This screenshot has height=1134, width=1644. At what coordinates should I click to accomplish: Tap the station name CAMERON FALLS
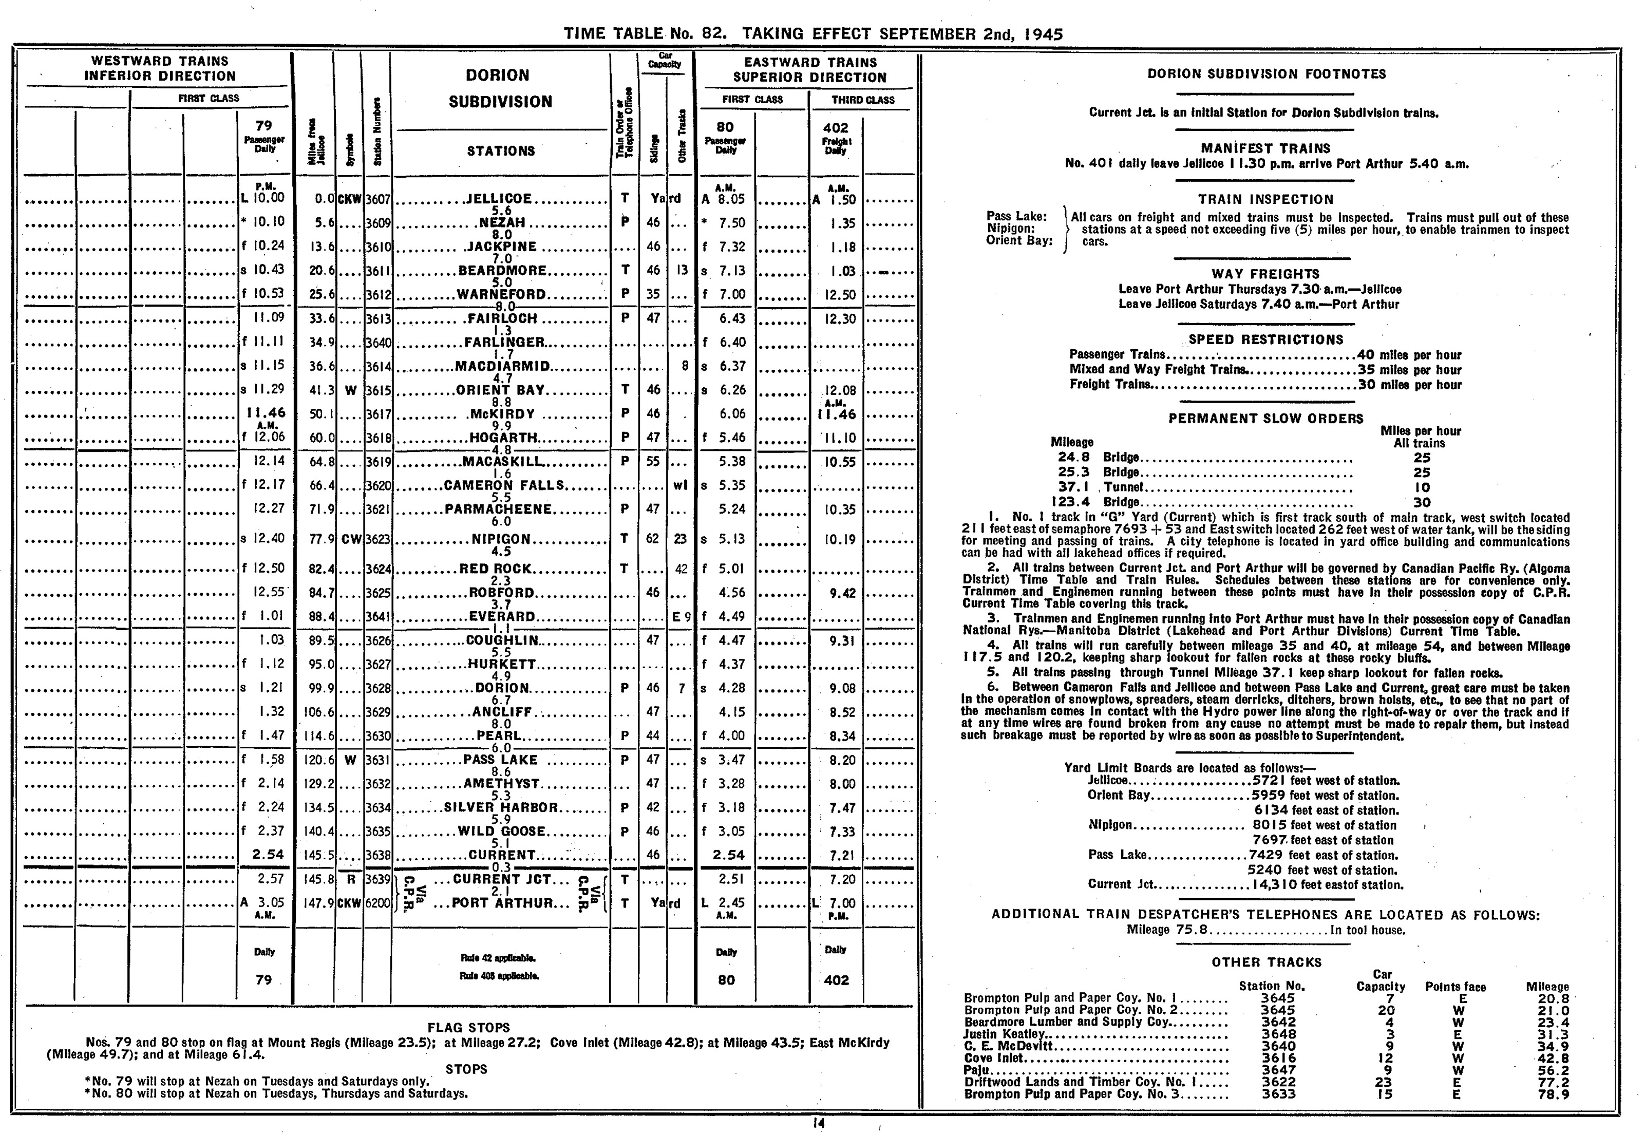point(504,485)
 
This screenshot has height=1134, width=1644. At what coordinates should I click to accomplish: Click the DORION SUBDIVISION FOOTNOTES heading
point(1266,74)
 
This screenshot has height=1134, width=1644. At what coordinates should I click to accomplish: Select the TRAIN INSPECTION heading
point(1265,200)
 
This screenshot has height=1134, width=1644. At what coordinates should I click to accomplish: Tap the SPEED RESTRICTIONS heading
point(1265,339)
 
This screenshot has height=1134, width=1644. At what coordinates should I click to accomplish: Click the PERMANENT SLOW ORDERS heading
point(1265,419)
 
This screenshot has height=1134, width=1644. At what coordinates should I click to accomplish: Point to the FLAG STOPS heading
point(468,1027)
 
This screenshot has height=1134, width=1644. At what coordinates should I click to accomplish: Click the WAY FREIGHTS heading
point(1265,274)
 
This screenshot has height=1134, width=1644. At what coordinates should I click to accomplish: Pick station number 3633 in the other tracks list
point(1278,1094)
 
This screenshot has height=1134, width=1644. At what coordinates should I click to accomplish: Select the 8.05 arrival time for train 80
point(731,200)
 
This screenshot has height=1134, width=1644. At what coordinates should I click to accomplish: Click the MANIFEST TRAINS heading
point(1265,148)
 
